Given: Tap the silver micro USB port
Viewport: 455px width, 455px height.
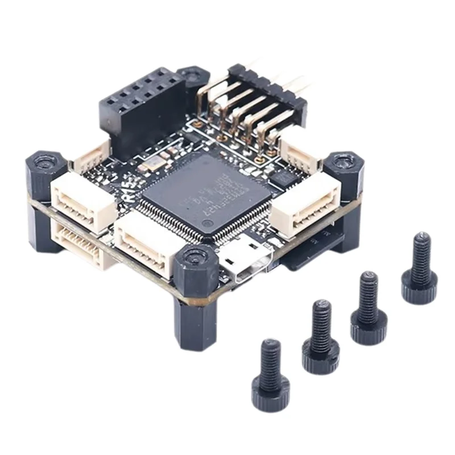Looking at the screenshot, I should [246, 263].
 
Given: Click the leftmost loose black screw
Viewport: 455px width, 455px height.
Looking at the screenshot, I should [271, 375].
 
